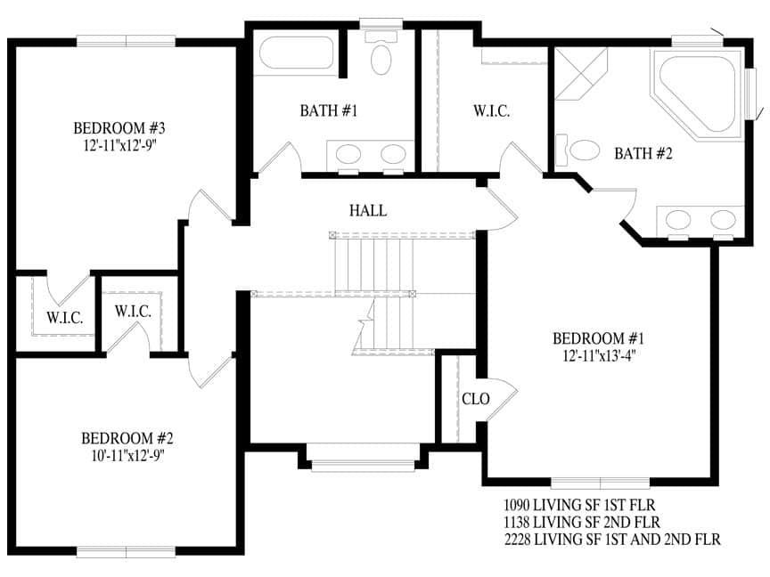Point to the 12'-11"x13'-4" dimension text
click(598, 354)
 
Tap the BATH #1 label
click(328, 111)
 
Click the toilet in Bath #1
click(381, 57)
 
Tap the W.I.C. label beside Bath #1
click(491, 111)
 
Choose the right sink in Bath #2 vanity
click(722, 219)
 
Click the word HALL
click(368, 211)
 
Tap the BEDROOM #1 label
click(598, 338)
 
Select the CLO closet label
click(475, 399)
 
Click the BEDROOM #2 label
click(127, 438)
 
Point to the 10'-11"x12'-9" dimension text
click(127, 454)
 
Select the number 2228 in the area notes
click(520, 539)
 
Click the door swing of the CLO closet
click(503, 396)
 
